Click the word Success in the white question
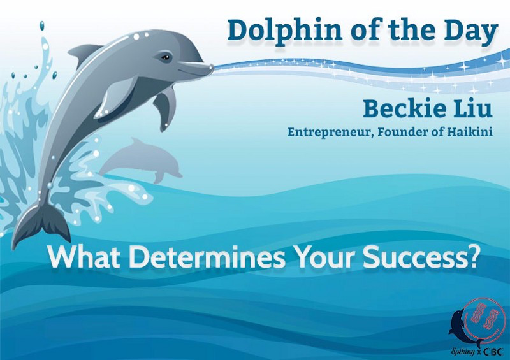point(414,257)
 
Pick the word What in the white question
point(85,256)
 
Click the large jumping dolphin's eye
point(166,58)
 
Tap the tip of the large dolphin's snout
point(213,68)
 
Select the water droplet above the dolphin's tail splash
point(42,26)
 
